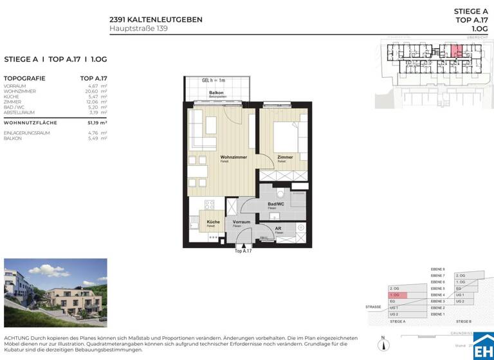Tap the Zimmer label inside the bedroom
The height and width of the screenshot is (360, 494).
[x=285, y=157]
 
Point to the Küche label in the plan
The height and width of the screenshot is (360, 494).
[x=213, y=222]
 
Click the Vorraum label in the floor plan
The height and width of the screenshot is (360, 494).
[x=241, y=222]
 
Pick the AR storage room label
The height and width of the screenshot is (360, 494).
[x=279, y=228]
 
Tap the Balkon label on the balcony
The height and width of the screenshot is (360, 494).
[x=215, y=93]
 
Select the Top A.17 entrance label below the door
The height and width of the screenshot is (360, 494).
[x=243, y=251]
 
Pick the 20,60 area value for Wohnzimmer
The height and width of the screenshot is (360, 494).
[x=95, y=91]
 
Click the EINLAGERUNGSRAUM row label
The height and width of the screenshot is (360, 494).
[x=26, y=133]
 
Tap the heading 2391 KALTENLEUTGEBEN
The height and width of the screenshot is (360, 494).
[x=156, y=19]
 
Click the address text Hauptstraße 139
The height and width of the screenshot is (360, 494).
[x=138, y=28]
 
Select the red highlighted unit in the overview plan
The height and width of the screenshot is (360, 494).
[x=455, y=52]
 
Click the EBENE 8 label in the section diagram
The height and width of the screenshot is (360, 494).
[x=438, y=269]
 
